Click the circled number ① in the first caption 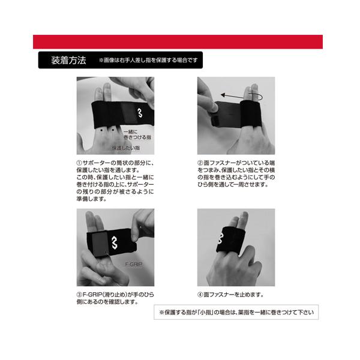pos(79,162)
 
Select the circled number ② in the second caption pos(200,162)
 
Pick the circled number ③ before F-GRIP pos(79,295)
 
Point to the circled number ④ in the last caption pos(200,295)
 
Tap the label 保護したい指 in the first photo pos(125,147)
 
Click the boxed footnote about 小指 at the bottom pos(238,313)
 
